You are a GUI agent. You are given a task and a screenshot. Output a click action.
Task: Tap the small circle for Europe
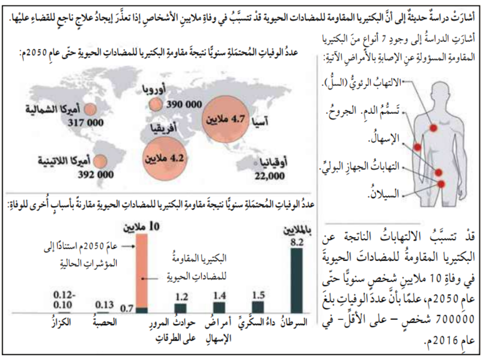click(x=156, y=105)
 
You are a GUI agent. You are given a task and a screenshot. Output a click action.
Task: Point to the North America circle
click(x=90, y=108)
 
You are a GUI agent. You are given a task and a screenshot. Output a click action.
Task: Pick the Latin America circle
click(x=100, y=162)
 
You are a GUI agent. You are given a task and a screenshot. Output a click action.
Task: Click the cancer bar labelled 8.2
click(x=297, y=281)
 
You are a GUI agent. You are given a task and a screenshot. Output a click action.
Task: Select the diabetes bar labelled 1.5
click(x=258, y=307)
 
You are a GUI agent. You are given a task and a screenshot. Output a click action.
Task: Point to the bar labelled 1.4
click(x=219, y=307)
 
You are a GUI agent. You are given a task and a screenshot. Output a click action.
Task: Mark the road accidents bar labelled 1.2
click(x=180, y=308)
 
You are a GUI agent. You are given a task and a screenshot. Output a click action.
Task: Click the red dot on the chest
click(x=433, y=128)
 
